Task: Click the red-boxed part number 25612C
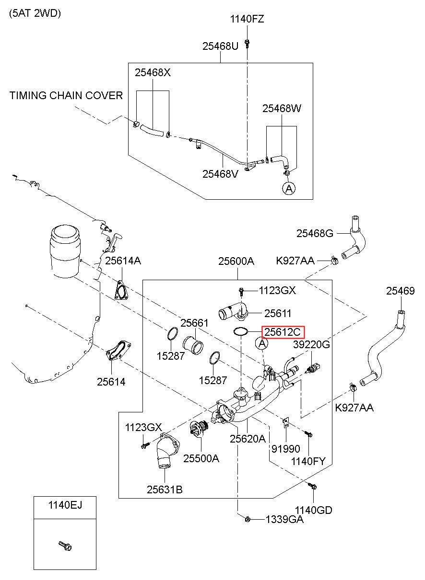point(283,332)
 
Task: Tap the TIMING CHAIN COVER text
point(66,95)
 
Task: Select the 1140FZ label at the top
point(247,19)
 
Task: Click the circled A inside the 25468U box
point(289,188)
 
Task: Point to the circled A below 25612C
point(262,343)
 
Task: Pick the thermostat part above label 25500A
point(199,428)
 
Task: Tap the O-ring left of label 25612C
point(241,331)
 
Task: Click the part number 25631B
point(165,489)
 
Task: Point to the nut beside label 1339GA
point(248,519)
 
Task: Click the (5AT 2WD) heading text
point(35,13)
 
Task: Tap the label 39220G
point(311,344)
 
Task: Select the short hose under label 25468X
point(152,130)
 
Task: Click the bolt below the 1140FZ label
point(247,43)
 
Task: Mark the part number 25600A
point(236,261)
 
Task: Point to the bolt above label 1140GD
point(312,486)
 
